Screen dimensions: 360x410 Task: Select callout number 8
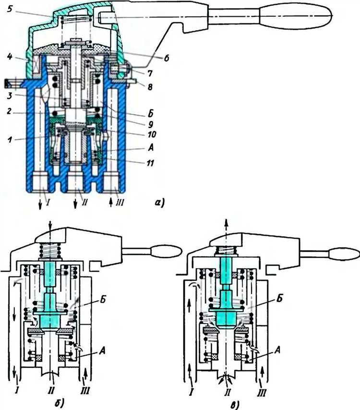point(150,86)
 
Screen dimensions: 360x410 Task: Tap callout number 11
point(150,163)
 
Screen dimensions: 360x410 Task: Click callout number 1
point(10,139)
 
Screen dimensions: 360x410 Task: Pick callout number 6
point(166,58)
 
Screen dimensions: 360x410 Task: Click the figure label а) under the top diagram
point(159,202)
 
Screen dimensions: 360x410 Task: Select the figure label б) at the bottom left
point(60,403)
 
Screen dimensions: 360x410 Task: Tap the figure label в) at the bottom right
point(236,405)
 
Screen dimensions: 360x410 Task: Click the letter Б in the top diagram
point(150,114)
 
